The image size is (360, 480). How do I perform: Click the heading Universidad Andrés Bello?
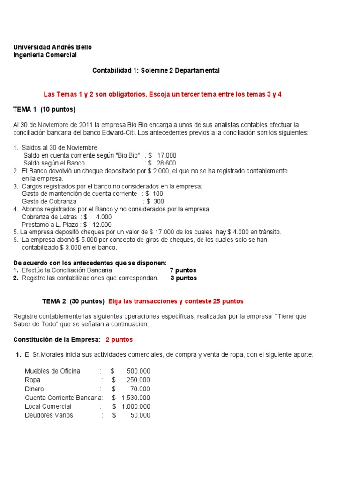(52, 47)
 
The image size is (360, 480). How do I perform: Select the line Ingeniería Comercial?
(45, 55)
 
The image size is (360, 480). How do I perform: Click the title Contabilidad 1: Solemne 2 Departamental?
(156, 70)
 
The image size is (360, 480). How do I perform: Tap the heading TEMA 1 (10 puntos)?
(44, 109)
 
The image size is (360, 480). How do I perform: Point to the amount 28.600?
(167, 163)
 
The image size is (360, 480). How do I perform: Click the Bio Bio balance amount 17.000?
(167, 155)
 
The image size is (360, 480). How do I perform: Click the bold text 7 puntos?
(183, 270)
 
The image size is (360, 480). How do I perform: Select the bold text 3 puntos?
(183, 278)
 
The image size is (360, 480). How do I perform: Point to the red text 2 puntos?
(119, 339)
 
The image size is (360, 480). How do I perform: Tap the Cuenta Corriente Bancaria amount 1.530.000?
(135, 397)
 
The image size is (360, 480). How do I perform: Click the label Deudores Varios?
(49, 415)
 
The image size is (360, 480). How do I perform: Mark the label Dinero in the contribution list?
(34, 389)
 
